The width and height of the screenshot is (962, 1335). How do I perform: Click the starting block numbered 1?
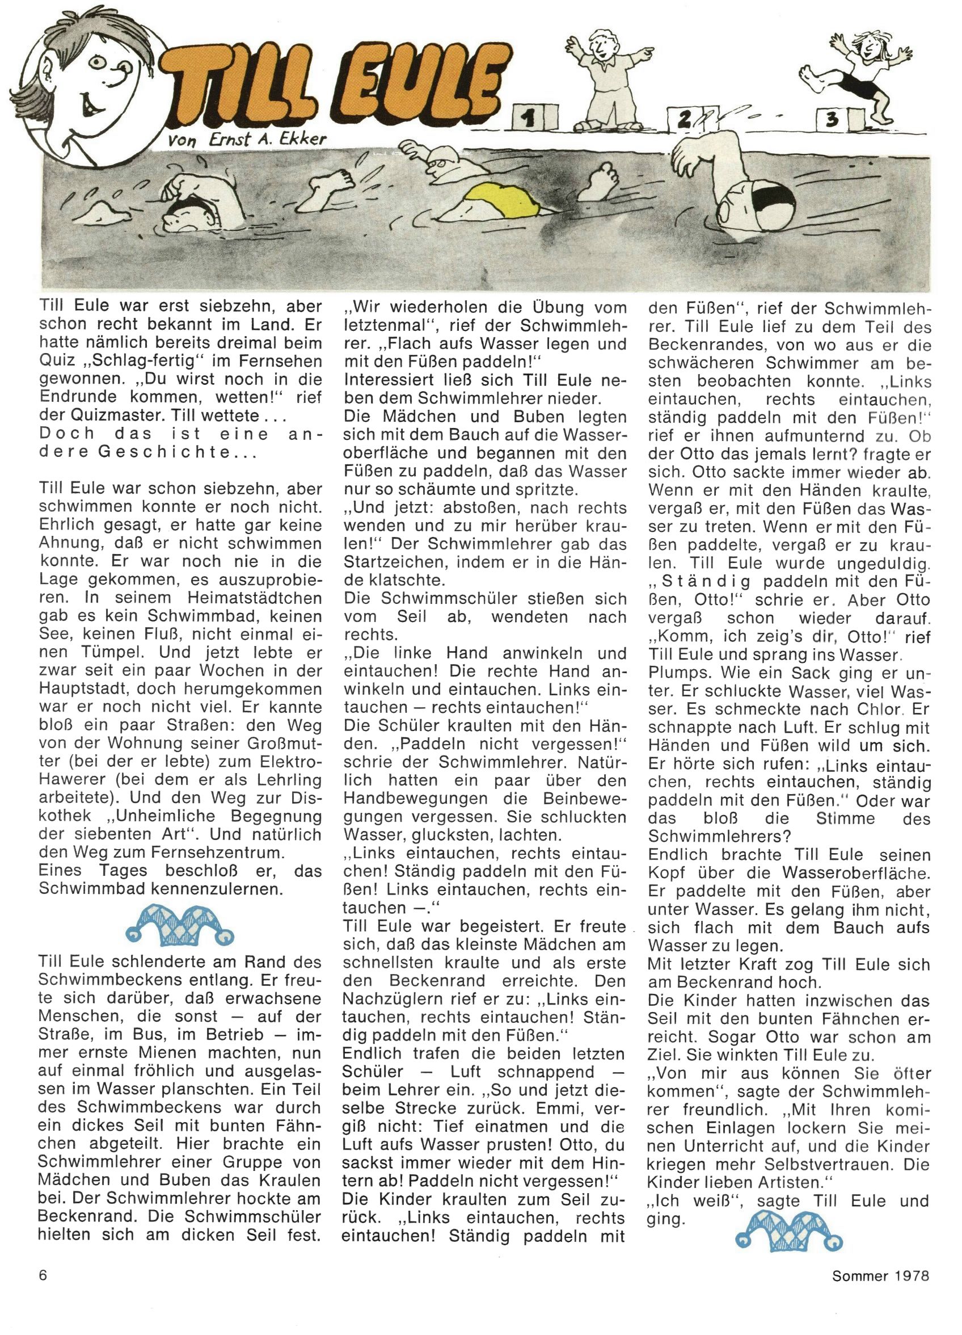(x=535, y=117)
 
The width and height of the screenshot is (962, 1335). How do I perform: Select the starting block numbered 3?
(x=832, y=120)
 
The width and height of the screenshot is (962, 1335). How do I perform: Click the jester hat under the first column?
(x=180, y=925)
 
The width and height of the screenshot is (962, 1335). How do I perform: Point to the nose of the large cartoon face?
(x=125, y=74)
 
